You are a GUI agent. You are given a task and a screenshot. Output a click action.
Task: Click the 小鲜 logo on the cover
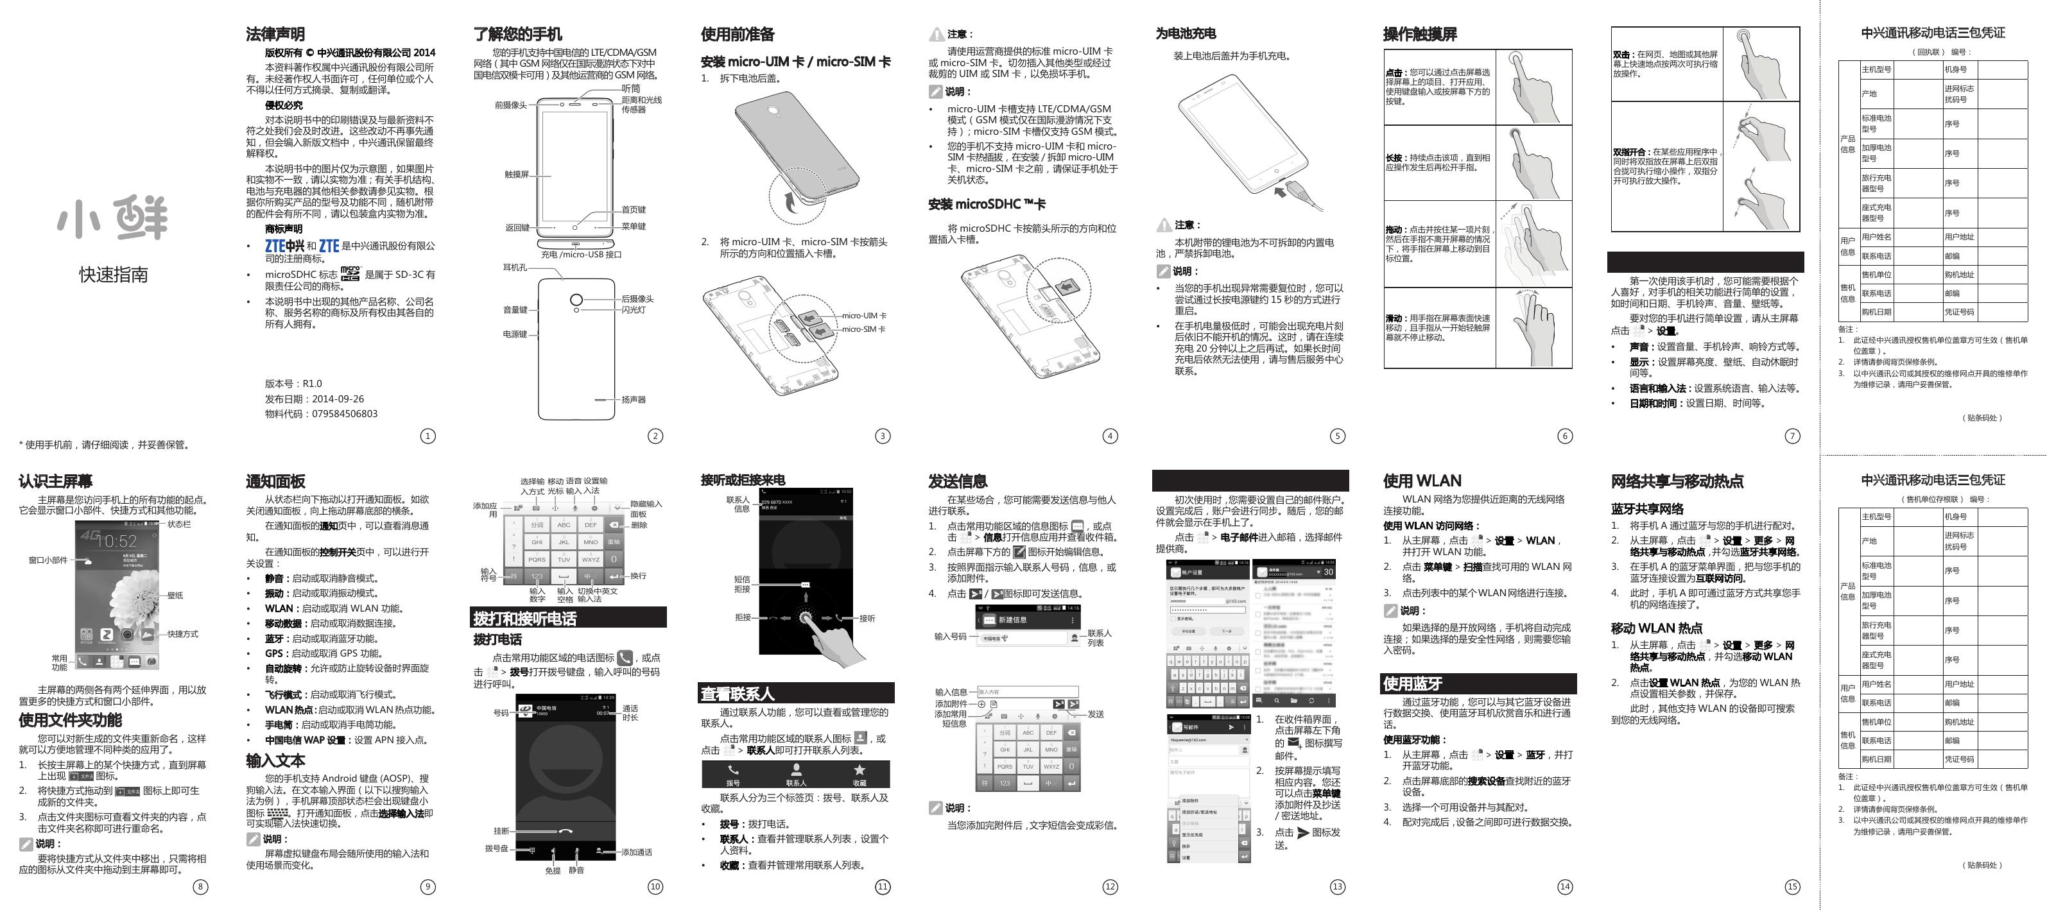(x=113, y=219)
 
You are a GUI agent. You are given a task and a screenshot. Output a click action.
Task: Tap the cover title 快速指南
(x=113, y=275)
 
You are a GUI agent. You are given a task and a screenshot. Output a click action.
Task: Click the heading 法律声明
(x=275, y=34)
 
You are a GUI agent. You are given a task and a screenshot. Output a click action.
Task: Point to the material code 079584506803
(x=344, y=414)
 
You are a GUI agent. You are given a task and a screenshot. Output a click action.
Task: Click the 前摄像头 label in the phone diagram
(x=510, y=105)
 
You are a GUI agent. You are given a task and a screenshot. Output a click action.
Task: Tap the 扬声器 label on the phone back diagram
(x=634, y=400)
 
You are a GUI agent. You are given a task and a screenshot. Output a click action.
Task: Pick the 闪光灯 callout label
(x=634, y=310)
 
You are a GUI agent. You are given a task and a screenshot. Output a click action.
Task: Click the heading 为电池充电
(x=1186, y=33)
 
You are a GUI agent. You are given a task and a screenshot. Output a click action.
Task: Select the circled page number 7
(x=1792, y=436)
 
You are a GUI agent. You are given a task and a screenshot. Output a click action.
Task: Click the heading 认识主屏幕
(x=56, y=481)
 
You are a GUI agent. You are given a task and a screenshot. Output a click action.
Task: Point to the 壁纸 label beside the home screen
(x=175, y=596)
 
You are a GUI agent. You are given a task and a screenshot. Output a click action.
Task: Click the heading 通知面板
(x=275, y=481)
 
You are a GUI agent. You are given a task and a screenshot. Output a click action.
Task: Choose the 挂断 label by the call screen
(x=501, y=831)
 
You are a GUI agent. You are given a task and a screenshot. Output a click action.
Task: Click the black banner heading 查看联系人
(x=737, y=694)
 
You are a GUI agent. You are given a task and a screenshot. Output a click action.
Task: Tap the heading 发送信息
(x=958, y=481)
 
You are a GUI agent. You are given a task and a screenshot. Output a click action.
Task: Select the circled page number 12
(x=1110, y=887)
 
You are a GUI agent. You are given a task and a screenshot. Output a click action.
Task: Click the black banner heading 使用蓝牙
(x=1412, y=683)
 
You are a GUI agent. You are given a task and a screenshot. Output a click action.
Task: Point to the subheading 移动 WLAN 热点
(x=1656, y=628)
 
